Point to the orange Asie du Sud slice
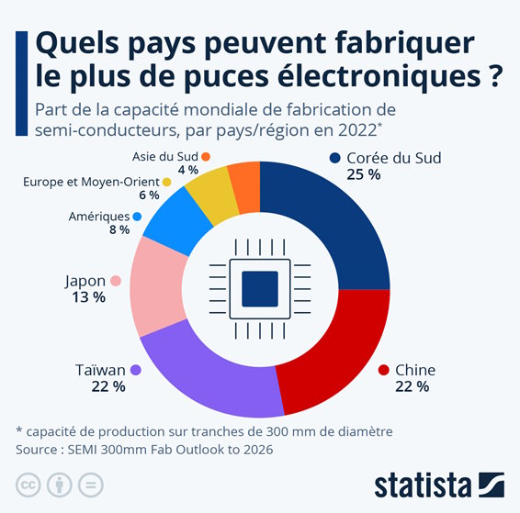(x=244, y=178)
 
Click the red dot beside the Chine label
(x=384, y=370)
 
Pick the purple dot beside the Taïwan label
(x=136, y=370)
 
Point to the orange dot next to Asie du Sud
(x=206, y=157)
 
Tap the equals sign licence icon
(x=92, y=485)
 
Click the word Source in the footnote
(x=38, y=450)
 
